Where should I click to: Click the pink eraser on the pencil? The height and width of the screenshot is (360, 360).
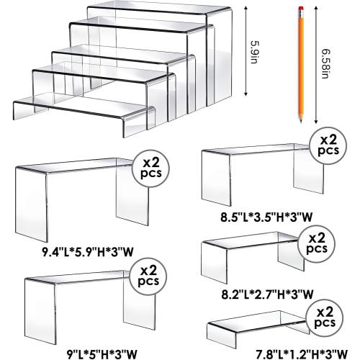[297, 8]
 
